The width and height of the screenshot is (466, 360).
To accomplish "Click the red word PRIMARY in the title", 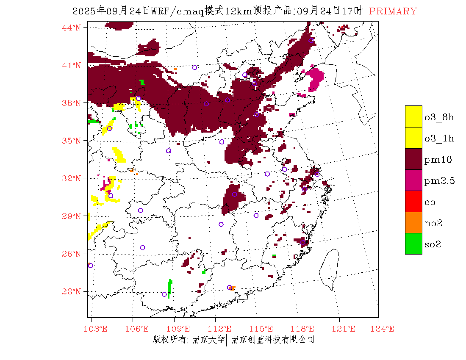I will click(x=393, y=11).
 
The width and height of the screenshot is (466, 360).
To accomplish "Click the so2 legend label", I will click(x=433, y=244).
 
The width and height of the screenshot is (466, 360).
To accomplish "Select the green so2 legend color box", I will click(x=413, y=244).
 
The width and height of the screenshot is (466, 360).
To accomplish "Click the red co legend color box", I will click(x=413, y=201).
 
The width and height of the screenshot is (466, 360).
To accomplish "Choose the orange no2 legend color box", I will click(x=413, y=222).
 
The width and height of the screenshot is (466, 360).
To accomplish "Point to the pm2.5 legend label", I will click(x=439, y=181).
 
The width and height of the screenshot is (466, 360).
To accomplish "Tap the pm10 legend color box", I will click(x=413, y=159).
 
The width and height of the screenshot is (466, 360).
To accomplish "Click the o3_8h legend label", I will click(x=439, y=117).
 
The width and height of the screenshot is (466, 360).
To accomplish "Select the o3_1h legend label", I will click(x=439, y=138).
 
